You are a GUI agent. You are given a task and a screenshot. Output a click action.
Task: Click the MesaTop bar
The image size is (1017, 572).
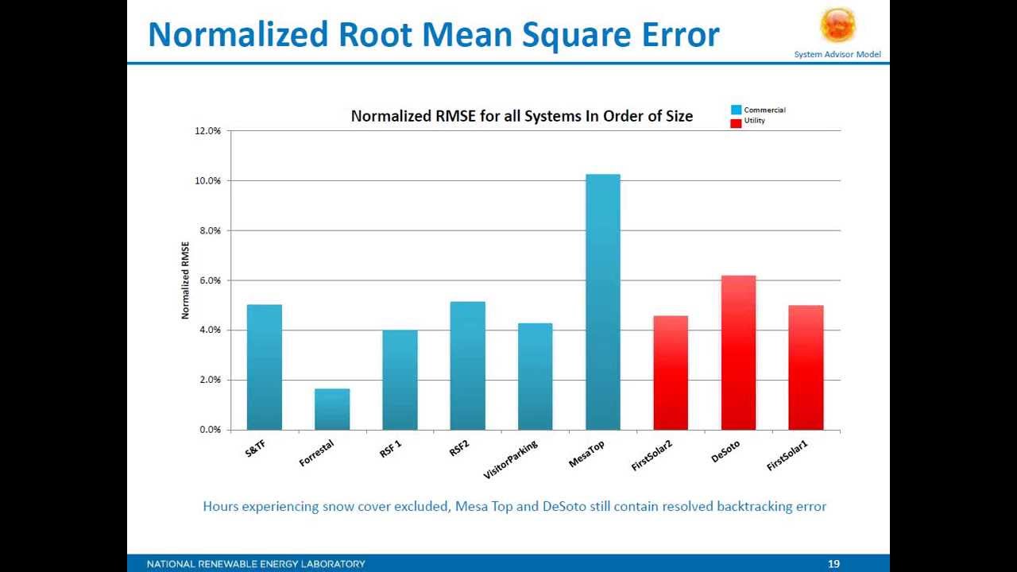pos(603,302)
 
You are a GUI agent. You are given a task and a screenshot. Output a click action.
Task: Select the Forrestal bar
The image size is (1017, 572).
pos(332,409)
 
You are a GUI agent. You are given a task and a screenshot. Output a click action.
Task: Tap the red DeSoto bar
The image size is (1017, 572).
pos(738,353)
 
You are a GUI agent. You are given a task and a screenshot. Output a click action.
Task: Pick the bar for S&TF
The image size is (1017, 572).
pos(264,367)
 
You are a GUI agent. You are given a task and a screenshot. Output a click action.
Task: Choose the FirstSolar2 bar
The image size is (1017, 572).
pos(671,373)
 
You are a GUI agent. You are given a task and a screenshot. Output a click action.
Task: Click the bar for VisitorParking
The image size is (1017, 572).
pos(535,377)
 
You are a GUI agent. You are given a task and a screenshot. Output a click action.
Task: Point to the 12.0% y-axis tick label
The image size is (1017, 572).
pos(207,131)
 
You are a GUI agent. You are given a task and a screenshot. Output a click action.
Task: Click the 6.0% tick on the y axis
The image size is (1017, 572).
pos(210,280)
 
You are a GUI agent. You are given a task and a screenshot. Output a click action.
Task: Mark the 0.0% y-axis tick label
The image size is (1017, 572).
pos(210,430)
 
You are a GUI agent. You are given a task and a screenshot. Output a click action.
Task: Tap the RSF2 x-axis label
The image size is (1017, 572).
pos(459,449)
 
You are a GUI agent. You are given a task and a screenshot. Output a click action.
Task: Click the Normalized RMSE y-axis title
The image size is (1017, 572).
pos(186,280)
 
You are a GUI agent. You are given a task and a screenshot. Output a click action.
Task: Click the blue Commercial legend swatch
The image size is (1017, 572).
pos(736,110)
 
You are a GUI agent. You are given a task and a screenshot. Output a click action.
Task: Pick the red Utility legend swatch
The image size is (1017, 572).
pos(736,122)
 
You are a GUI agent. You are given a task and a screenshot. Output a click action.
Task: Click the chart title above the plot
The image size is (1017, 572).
pos(521,116)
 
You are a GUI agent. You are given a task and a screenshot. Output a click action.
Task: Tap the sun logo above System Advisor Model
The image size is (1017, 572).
pos(837,25)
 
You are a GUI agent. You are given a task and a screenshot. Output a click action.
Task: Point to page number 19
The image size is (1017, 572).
pos(833,564)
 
